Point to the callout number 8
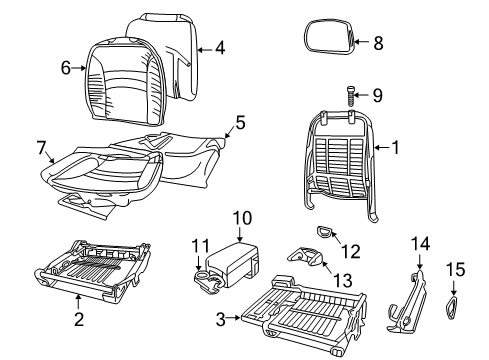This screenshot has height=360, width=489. pos(377,43)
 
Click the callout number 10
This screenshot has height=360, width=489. pos(239,217)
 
